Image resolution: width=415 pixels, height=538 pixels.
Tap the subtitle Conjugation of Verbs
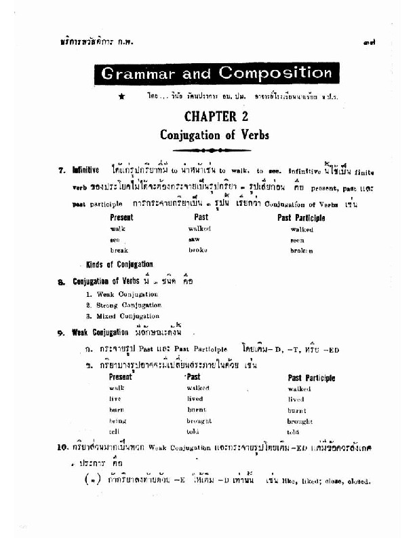tap(214, 134)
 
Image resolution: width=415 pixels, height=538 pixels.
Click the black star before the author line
tap(121, 96)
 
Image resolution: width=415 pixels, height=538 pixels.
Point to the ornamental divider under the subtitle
tap(214, 150)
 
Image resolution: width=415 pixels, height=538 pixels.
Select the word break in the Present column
tap(119, 250)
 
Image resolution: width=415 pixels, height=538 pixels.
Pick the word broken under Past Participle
tap(302, 250)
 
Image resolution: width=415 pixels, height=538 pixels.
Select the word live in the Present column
tap(115, 399)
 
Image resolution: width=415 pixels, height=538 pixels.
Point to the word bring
tap(117, 421)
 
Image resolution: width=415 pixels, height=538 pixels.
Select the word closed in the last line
tap(359, 482)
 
